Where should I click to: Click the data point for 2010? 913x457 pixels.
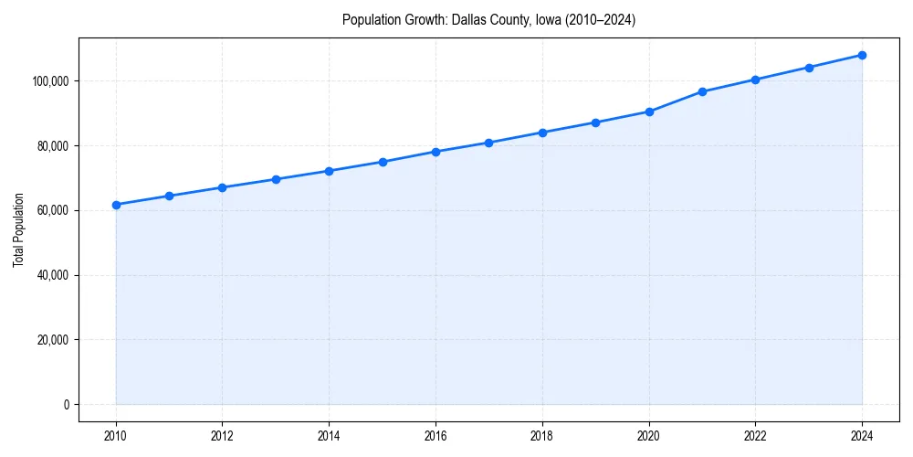pos(116,205)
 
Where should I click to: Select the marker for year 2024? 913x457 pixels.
pos(862,55)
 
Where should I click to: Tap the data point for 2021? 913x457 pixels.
pos(702,91)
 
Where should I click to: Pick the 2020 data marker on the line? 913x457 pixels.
pos(649,112)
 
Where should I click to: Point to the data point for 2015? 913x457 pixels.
pos(383,162)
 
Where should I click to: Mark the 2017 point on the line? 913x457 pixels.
pos(489,143)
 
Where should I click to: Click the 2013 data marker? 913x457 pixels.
pos(276,179)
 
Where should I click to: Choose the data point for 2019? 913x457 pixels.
pos(595,122)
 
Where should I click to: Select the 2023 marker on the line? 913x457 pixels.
pos(809,68)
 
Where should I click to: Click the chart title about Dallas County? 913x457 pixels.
pos(488,19)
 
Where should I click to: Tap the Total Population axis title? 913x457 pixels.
pos(18,229)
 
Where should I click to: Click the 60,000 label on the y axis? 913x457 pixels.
pos(54,210)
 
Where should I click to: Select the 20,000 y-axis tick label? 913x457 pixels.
pos(54,340)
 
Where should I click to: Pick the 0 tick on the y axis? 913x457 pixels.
pos(66,405)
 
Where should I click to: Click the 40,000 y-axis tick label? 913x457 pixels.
pos(54,275)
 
